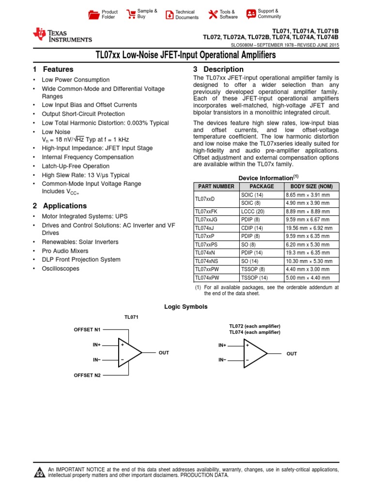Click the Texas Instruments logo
click(x=62, y=35)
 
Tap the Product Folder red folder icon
click(x=93, y=15)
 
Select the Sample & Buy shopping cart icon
click(x=131, y=14)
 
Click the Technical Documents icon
click(x=169, y=15)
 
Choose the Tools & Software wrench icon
click(x=213, y=15)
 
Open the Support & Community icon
click(x=251, y=14)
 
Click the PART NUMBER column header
click(x=215, y=186)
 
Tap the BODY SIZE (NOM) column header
click(x=311, y=186)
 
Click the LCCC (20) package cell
click(x=252, y=212)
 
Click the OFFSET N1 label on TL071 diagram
click(x=87, y=330)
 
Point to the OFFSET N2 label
click(x=87, y=375)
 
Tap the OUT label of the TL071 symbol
click(x=164, y=353)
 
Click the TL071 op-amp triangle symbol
click(x=128, y=352)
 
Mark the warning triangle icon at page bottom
click(x=39, y=473)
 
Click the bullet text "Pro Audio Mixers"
click(x=65, y=251)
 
